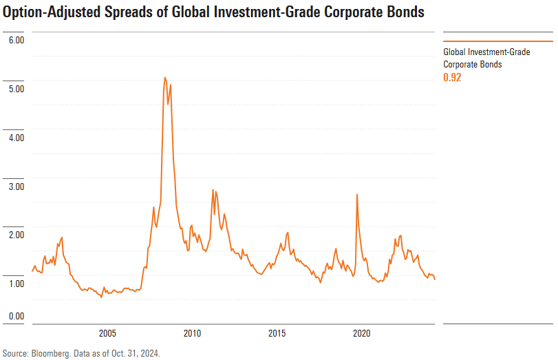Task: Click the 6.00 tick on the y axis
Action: (x=16, y=40)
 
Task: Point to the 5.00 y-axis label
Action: (x=16, y=89)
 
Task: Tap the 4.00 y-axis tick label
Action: (x=16, y=138)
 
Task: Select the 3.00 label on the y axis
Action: (x=16, y=187)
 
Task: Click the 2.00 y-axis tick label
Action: (x=16, y=235)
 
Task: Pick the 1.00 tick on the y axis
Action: (x=16, y=284)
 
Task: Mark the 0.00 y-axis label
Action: (x=16, y=316)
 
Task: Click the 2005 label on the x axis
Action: (x=107, y=334)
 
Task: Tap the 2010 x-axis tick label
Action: (x=192, y=334)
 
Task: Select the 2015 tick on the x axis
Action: (x=277, y=334)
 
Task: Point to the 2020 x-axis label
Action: (x=362, y=334)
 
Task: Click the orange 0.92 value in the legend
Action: (x=452, y=77)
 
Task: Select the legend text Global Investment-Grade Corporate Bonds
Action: (x=486, y=58)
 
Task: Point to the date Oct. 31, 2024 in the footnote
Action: (x=135, y=353)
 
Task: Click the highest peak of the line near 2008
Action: (x=165, y=78)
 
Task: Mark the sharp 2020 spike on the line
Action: (x=356, y=194)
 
